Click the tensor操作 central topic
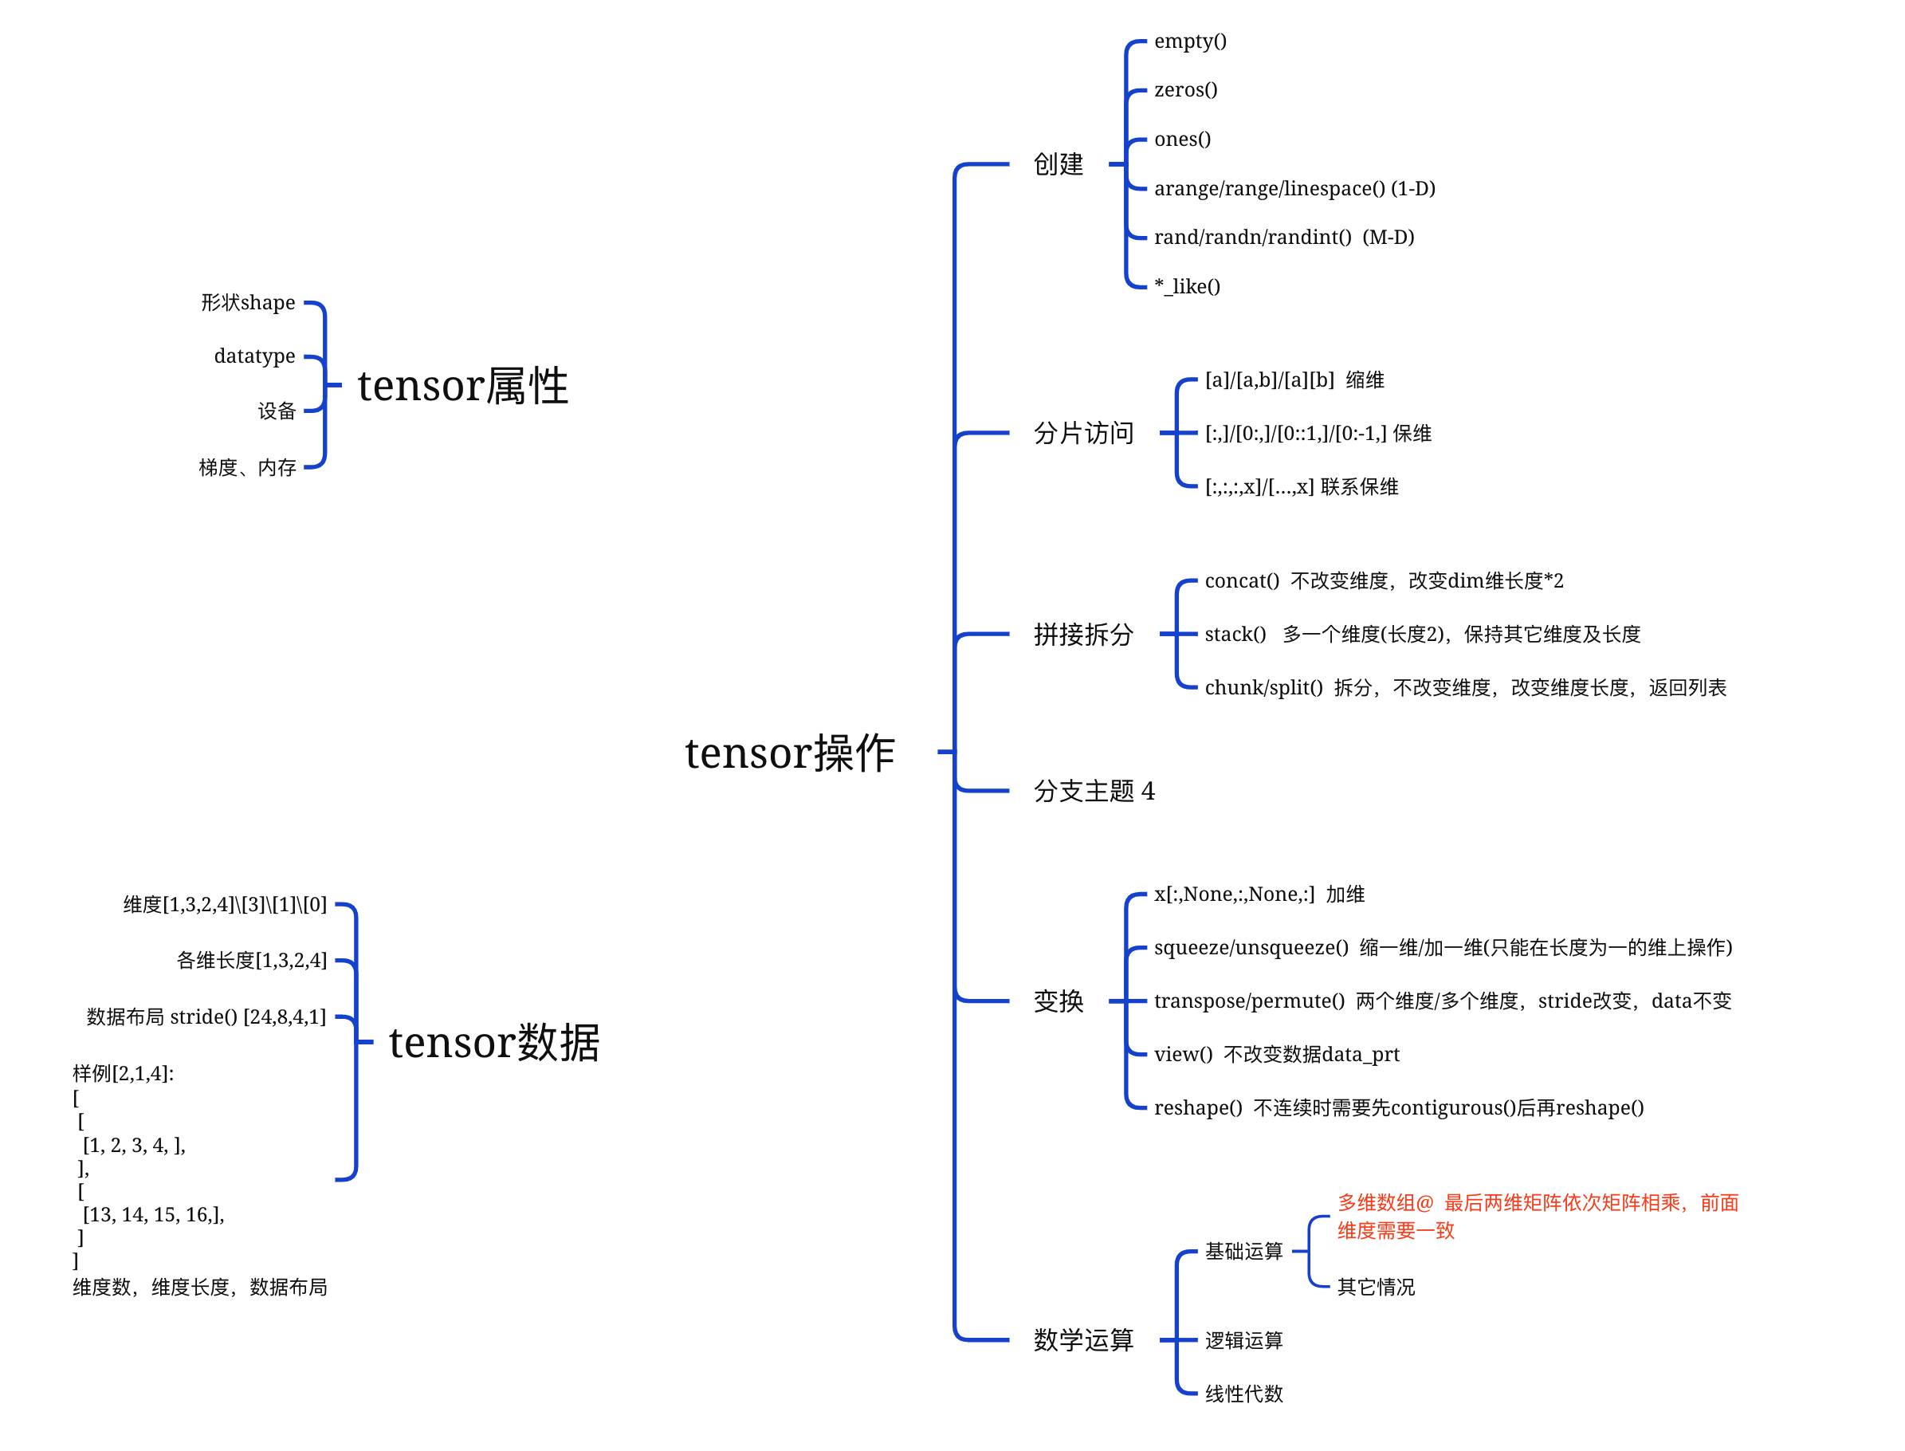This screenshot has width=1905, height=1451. (788, 753)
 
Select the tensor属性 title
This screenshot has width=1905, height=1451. (462, 385)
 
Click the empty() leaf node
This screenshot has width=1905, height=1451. (1189, 41)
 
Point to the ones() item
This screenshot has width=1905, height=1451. (1181, 139)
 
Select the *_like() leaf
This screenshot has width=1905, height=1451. (1187, 286)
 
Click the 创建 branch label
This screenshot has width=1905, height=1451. (1058, 164)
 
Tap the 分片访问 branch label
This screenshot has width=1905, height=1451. (1083, 433)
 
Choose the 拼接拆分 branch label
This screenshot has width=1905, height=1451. (1083, 635)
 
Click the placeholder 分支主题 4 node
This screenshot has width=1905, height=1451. (1094, 790)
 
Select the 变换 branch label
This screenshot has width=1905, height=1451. (1058, 1001)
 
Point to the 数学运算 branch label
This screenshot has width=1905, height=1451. (1083, 1339)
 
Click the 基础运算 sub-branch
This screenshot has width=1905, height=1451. (1243, 1251)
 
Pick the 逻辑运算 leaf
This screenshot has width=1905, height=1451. (1243, 1339)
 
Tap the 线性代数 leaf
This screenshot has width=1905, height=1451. (1243, 1393)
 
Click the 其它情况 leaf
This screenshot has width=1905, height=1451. (1375, 1287)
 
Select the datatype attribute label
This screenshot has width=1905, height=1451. (254, 356)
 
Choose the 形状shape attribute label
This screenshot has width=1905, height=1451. (248, 302)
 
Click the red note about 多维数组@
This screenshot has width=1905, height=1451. (1536, 1215)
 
